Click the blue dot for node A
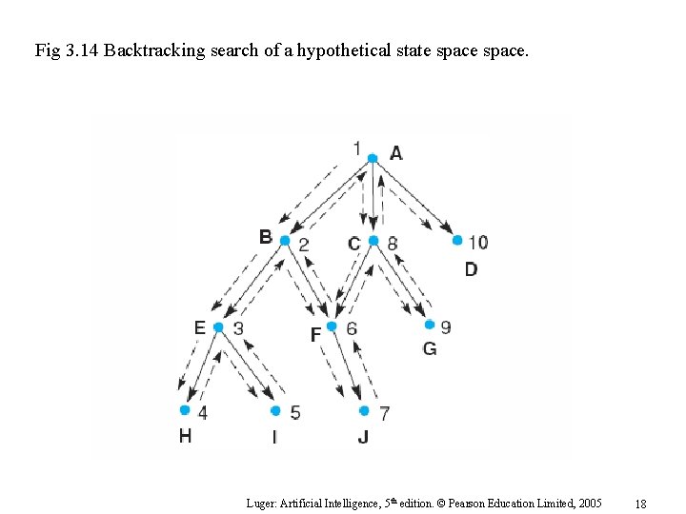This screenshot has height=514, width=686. click(x=373, y=158)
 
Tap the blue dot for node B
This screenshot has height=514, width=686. click(x=285, y=241)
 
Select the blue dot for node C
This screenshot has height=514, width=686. click(x=373, y=241)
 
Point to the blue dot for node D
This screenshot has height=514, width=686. click(x=457, y=241)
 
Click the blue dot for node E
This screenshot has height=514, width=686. click(x=218, y=327)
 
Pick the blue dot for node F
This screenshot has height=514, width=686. click(x=332, y=326)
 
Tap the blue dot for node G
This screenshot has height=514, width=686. click(x=429, y=325)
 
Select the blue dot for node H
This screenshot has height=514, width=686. click(x=185, y=410)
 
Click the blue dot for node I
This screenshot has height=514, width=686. click(x=275, y=411)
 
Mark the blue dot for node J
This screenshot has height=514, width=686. click(x=364, y=411)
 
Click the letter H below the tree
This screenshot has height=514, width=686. click(x=185, y=437)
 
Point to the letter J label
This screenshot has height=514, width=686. click(x=363, y=437)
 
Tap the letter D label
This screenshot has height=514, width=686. click(x=471, y=269)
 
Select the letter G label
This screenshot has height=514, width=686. click(x=430, y=349)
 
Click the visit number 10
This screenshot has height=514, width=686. click(x=477, y=242)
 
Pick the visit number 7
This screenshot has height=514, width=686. click(x=384, y=413)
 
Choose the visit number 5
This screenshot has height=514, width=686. click(x=295, y=412)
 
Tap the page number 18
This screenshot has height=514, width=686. click(x=640, y=503)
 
